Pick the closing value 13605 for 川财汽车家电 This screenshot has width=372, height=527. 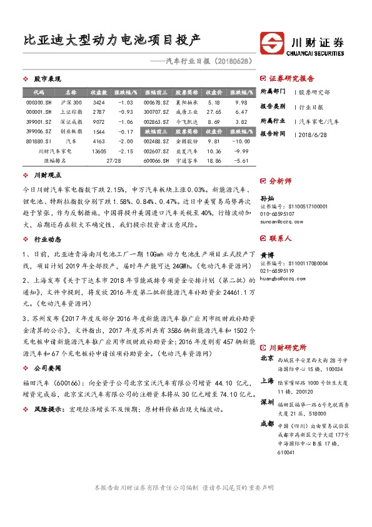click(98, 151)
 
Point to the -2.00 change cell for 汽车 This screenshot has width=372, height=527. click(126, 141)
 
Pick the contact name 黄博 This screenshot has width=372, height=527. click(266, 255)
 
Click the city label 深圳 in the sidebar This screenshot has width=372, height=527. click(267, 401)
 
